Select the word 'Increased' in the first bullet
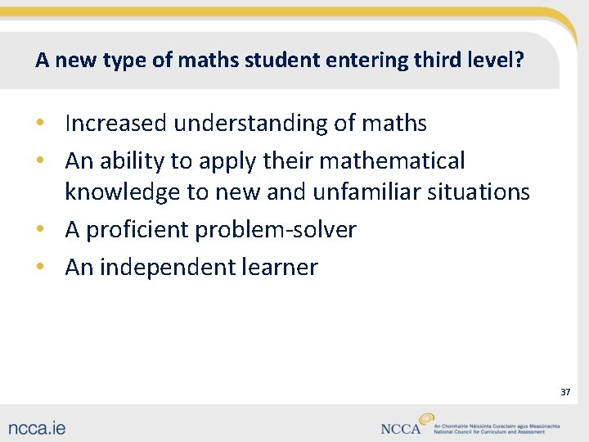(x=116, y=123)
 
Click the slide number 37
(x=565, y=392)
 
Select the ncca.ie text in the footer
(x=38, y=426)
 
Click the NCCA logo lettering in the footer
(x=401, y=427)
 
